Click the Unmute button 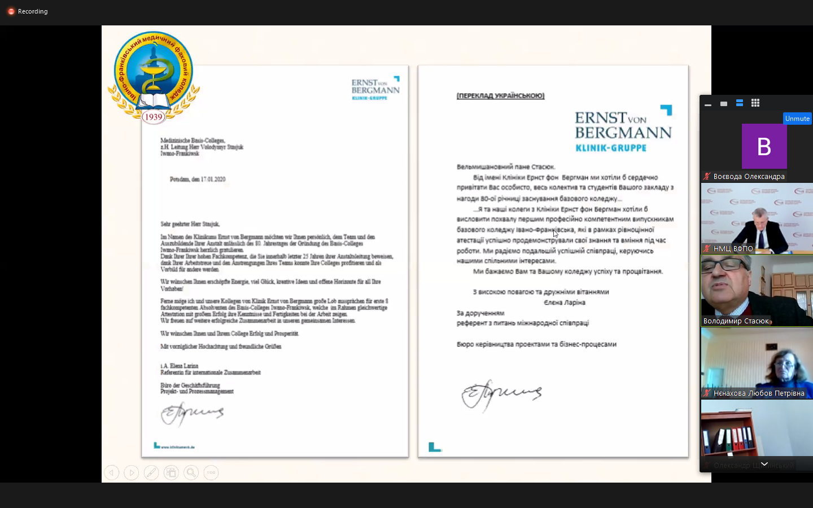pyautogui.click(x=797, y=119)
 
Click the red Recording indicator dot pyautogui.click(x=11, y=11)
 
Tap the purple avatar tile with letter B pyautogui.click(x=764, y=146)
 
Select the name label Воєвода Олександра pyautogui.click(x=749, y=177)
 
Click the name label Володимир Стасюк pyautogui.click(x=736, y=321)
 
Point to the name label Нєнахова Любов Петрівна pyautogui.click(x=758, y=393)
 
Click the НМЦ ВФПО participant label pyautogui.click(x=733, y=248)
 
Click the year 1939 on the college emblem pyautogui.click(x=153, y=117)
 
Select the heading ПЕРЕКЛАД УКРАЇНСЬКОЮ pyautogui.click(x=500, y=96)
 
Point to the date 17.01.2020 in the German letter pyautogui.click(x=213, y=179)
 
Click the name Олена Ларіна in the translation pyautogui.click(x=564, y=303)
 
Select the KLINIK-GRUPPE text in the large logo pyautogui.click(x=611, y=148)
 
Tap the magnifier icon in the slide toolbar pyautogui.click(x=191, y=472)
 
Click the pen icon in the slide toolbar pyautogui.click(x=151, y=472)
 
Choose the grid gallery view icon pyautogui.click(x=755, y=103)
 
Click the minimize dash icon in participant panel pyautogui.click(x=708, y=104)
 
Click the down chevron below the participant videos pyautogui.click(x=764, y=464)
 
